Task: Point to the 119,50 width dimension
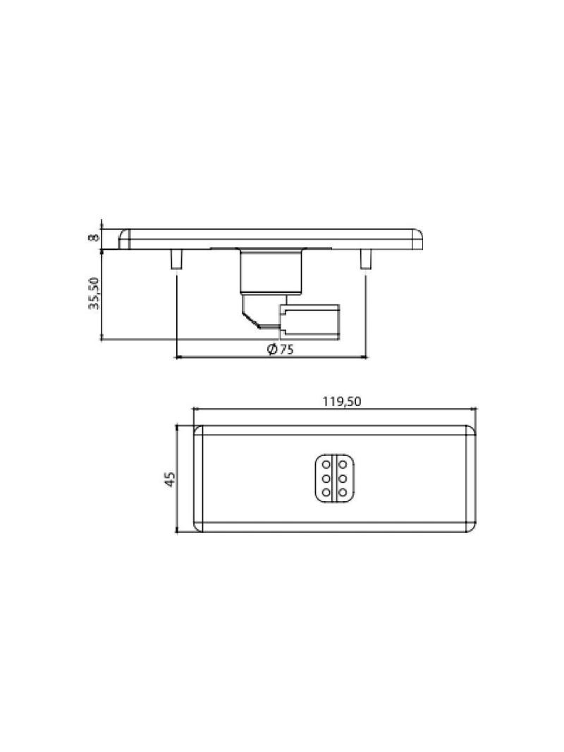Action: point(341,402)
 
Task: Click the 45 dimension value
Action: point(170,479)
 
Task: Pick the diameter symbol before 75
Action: point(272,350)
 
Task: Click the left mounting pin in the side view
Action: point(176,259)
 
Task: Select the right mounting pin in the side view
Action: point(365,259)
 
